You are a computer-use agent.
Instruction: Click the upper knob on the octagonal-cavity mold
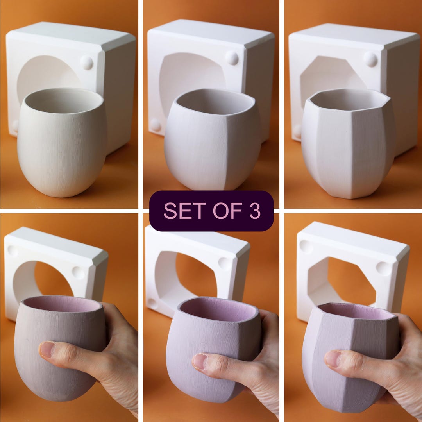370,59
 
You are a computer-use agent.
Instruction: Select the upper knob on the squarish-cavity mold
232,58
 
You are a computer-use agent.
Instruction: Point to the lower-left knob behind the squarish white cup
155,125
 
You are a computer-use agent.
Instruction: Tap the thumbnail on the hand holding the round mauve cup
46,349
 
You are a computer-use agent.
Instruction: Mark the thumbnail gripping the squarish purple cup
200,361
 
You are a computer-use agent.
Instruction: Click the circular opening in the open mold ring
53,279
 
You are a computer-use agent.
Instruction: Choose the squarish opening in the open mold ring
195,274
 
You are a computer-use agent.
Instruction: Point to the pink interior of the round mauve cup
63,304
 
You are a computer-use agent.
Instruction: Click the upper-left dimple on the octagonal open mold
306,247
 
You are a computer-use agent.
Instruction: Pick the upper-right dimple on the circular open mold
78,273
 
